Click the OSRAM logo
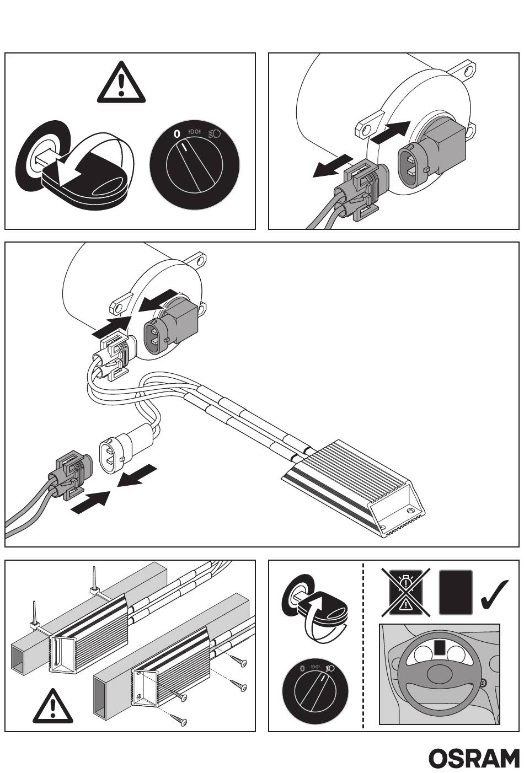click(474, 759)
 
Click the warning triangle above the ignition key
click(121, 84)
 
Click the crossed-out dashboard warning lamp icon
click(406, 592)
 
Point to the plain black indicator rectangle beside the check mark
click(456, 592)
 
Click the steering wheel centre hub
click(439, 673)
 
